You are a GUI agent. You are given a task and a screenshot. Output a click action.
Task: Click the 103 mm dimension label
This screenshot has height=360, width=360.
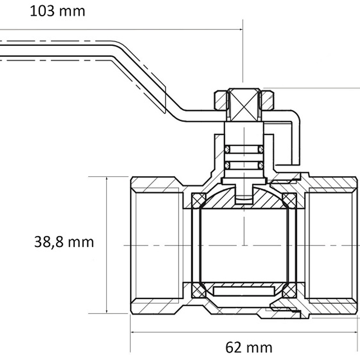click(57, 11)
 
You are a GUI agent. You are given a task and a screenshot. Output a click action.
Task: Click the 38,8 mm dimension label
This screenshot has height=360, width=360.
click(64, 242)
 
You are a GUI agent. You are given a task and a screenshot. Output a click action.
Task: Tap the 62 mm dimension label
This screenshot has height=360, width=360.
click(249, 347)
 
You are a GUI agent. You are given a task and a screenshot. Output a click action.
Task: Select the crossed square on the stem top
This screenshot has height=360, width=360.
click(244, 106)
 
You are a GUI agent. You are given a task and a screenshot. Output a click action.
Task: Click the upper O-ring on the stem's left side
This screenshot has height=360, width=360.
click(227, 149)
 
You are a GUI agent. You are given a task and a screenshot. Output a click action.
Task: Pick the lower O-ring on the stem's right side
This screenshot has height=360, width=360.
click(261, 165)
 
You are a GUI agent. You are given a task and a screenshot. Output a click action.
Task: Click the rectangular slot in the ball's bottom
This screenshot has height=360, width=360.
click(244, 291)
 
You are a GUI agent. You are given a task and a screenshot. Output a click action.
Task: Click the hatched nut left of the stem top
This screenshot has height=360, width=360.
click(220, 101)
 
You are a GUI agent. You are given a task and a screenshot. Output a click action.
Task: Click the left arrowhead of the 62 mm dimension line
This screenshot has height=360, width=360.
click(133, 332)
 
